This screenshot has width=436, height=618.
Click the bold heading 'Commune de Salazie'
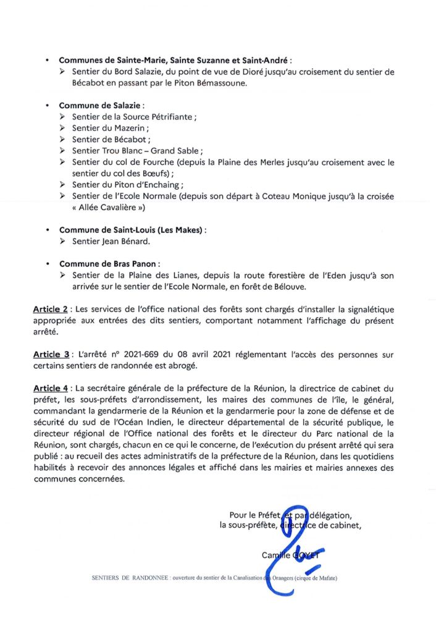coord(99,105)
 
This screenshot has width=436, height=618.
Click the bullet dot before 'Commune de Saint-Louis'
coord(47,229)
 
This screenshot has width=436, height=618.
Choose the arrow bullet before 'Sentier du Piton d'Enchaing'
coord(63,184)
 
